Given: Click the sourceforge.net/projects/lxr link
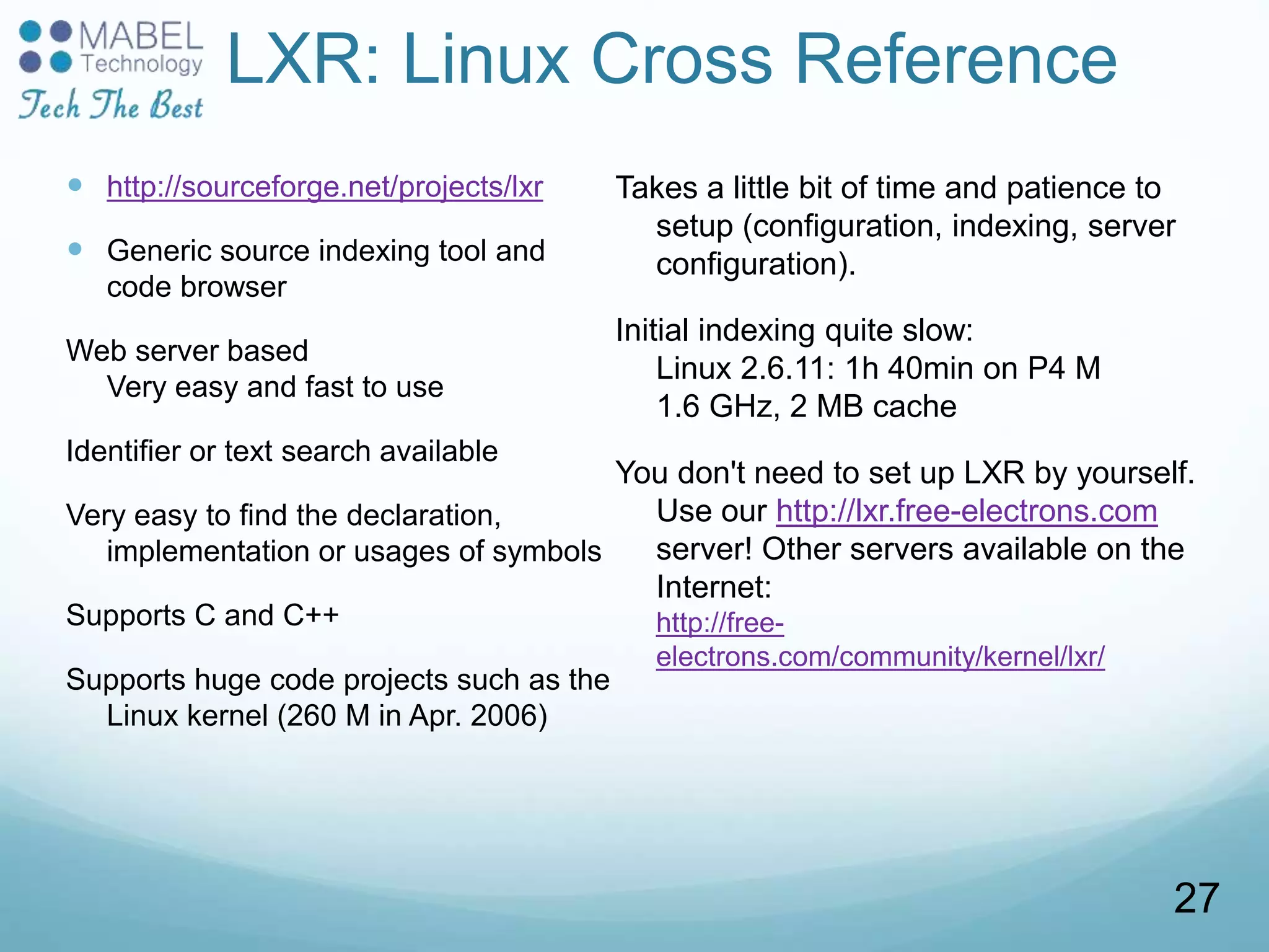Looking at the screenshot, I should click(325, 187).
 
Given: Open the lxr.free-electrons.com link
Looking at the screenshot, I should click(967, 511).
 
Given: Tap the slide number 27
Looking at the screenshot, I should click(1196, 898).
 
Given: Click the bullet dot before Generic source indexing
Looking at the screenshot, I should click(75, 249).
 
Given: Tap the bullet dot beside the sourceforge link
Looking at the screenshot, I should click(75, 185).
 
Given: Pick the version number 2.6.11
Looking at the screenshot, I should click(787, 369).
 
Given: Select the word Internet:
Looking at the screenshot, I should click(714, 586).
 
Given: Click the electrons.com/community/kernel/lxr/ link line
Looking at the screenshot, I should click(880, 656).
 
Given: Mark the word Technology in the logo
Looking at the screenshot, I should click(142, 64).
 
